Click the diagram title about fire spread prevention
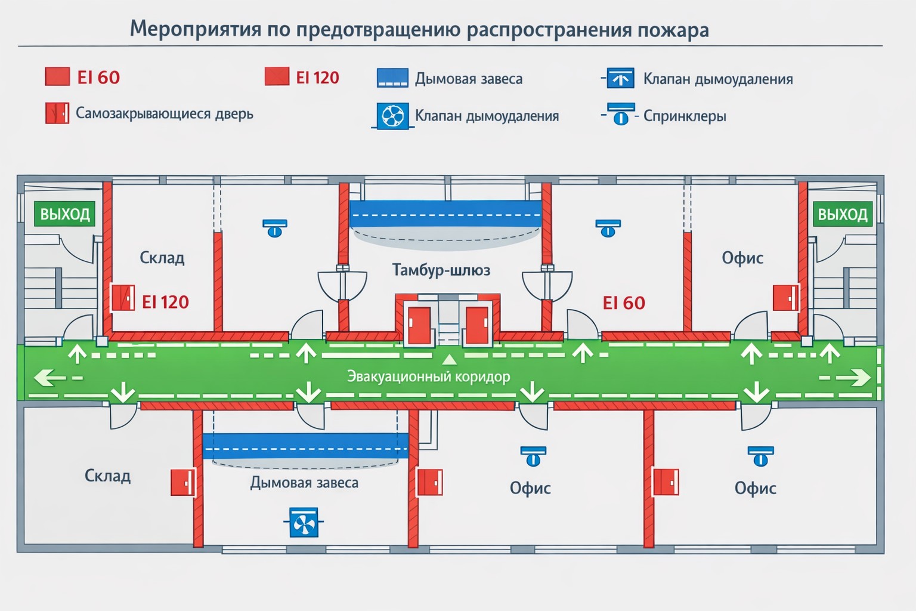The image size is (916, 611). [419, 29]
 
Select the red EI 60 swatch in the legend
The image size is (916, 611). [57, 77]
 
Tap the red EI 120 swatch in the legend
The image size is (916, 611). [277, 77]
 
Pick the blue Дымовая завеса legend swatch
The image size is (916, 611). [392, 78]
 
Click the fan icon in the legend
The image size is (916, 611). [392, 116]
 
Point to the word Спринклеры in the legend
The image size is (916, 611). [685, 116]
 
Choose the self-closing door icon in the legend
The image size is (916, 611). [57, 113]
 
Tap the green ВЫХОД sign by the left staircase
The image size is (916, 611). [64, 214]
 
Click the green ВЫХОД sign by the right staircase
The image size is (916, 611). [842, 214]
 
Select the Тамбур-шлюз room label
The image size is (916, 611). [441, 270]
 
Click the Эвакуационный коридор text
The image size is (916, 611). [428, 377]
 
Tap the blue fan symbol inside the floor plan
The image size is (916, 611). [304, 523]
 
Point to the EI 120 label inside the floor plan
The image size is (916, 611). [165, 302]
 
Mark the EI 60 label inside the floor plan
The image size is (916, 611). [624, 303]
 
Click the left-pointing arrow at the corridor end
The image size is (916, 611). [50, 377]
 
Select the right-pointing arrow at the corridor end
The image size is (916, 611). [856, 377]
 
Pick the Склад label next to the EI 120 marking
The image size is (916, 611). [162, 258]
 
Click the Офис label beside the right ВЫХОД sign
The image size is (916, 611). [742, 258]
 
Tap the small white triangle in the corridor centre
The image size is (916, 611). [449, 359]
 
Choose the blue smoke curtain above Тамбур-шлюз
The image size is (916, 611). [445, 214]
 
